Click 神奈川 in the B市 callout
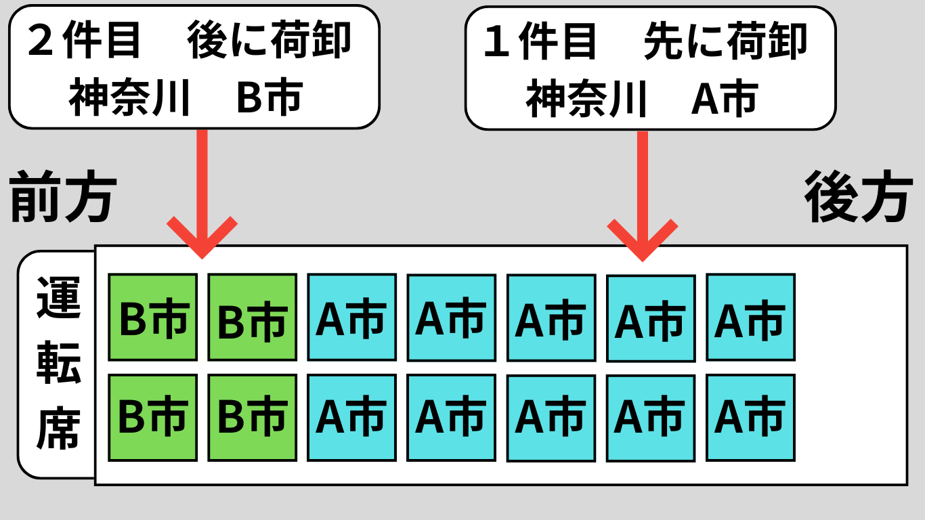[129, 99]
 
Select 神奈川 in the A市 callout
[586, 99]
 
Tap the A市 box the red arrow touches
[650, 318]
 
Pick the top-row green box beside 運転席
[153, 317]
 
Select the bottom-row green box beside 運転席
[153, 417]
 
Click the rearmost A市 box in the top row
[750, 317]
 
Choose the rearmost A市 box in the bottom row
[750, 417]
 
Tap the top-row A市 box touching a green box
[351, 317]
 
